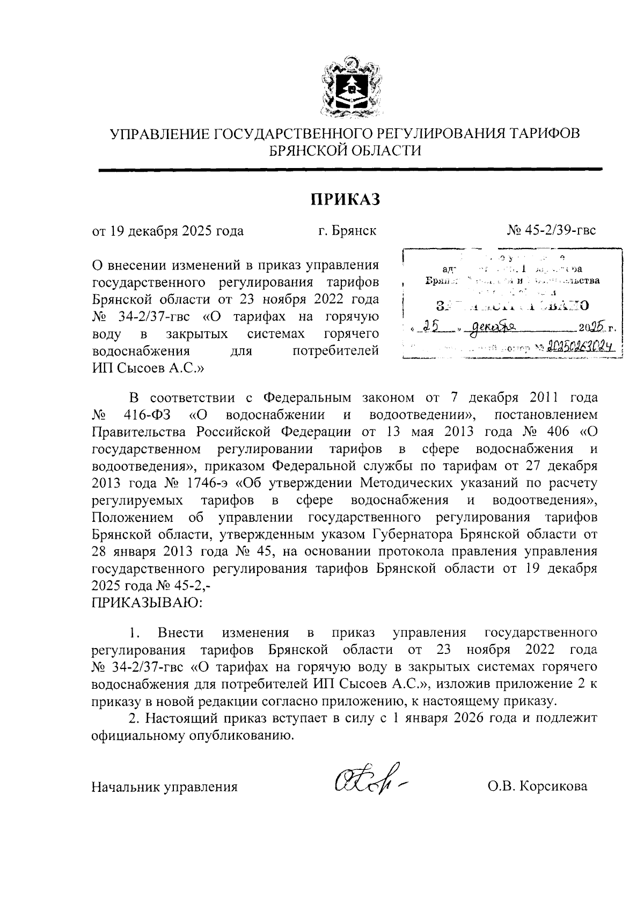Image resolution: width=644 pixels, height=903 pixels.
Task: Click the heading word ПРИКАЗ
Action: (346, 199)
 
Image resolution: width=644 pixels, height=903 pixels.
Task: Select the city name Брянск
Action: (353, 231)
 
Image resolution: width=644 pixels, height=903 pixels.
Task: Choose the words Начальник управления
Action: (165, 787)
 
